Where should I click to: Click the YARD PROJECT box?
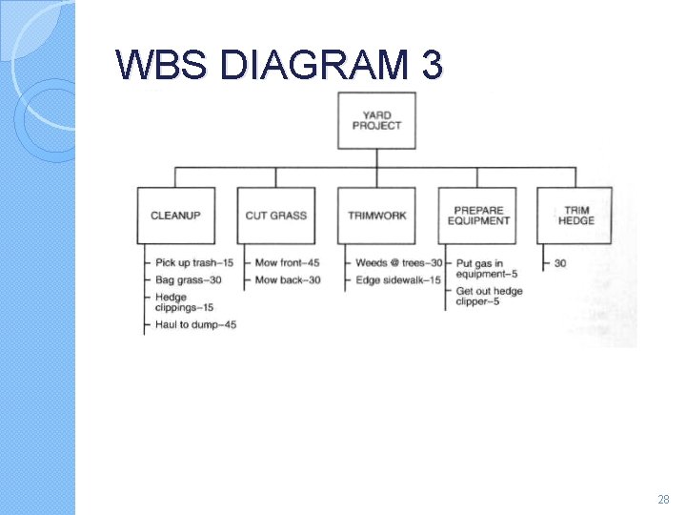pos(376,120)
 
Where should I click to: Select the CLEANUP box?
pos(175,216)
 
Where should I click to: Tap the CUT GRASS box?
pos(275,216)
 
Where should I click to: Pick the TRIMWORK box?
pos(376,216)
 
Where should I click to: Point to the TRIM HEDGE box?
pos(575,216)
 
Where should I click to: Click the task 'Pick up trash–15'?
pos(194,262)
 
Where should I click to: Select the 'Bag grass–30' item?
pos(188,279)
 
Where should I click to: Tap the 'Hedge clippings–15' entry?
pos(184,302)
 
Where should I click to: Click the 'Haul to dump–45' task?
pos(195,325)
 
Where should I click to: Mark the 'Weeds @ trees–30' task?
pos(398,262)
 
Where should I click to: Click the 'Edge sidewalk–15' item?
pos(398,279)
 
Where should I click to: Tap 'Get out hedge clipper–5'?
pos(489,297)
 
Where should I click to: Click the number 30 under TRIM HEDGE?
pos(559,262)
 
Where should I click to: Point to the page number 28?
pos(664,499)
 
